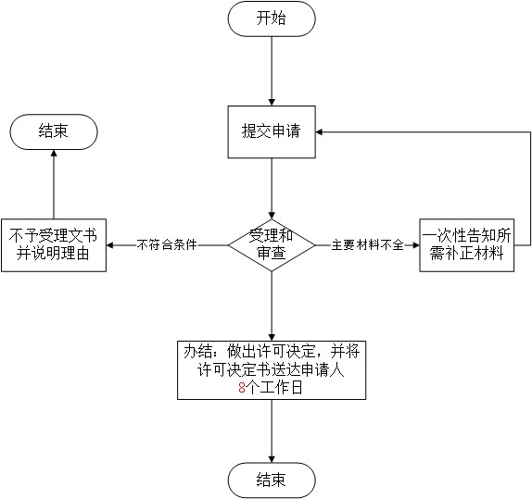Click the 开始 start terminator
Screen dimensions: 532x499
tap(272, 19)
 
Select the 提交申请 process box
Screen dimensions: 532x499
tap(272, 131)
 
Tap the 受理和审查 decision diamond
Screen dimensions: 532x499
tap(272, 245)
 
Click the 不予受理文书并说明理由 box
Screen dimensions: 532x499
tap(54, 245)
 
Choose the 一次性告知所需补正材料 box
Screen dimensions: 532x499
tap(466, 245)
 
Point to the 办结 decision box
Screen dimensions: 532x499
tap(272, 370)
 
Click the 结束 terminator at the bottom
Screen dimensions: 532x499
tap(272, 480)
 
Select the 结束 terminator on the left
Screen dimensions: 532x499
tap(54, 131)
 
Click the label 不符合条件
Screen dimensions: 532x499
tap(167, 244)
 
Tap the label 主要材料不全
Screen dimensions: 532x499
tap(367, 244)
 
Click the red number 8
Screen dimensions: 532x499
tap(242, 388)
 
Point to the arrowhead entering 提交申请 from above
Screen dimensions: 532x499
tap(272, 102)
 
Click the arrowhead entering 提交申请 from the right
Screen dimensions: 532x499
tap(319, 131)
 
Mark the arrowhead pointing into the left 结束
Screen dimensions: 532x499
tap(54, 154)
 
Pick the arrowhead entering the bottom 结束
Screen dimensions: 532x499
tap(272, 459)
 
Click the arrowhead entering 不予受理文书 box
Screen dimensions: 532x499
tap(110, 245)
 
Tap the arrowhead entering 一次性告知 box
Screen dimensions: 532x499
tap(416, 245)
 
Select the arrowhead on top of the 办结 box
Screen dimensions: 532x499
tap(272, 337)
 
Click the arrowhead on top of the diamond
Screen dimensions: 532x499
tap(272, 216)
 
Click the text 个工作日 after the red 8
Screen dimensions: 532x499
tap(274, 388)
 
